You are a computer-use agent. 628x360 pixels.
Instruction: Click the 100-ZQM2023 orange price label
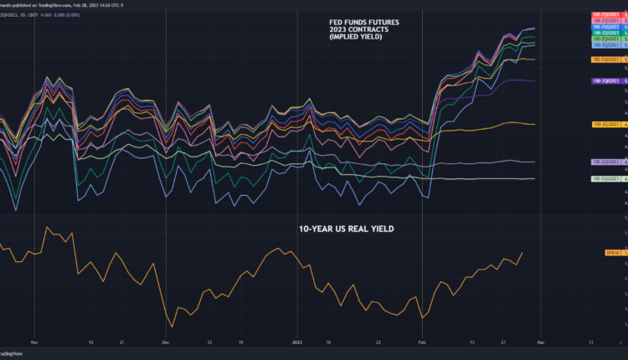click(x=605, y=59)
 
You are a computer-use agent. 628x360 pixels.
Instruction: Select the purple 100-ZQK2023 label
click(x=605, y=80)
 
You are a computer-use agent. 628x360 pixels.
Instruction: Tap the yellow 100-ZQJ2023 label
click(x=605, y=124)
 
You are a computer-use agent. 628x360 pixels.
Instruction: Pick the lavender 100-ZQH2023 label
click(x=605, y=162)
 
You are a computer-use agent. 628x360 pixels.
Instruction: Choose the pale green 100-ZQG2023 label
click(x=605, y=178)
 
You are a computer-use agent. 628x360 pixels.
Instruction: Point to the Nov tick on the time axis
click(x=34, y=342)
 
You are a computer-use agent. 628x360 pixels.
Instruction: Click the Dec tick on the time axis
click(x=166, y=342)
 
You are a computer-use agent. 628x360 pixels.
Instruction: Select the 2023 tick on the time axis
click(x=297, y=342)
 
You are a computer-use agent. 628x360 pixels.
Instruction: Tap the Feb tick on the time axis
click(x=423, y=342)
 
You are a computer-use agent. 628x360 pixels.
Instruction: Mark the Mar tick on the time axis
click(x=541, y=342)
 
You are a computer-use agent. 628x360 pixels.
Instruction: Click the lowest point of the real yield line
click(x=172, y=327)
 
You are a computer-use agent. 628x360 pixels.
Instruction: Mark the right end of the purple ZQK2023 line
click(x=535, y=81)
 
